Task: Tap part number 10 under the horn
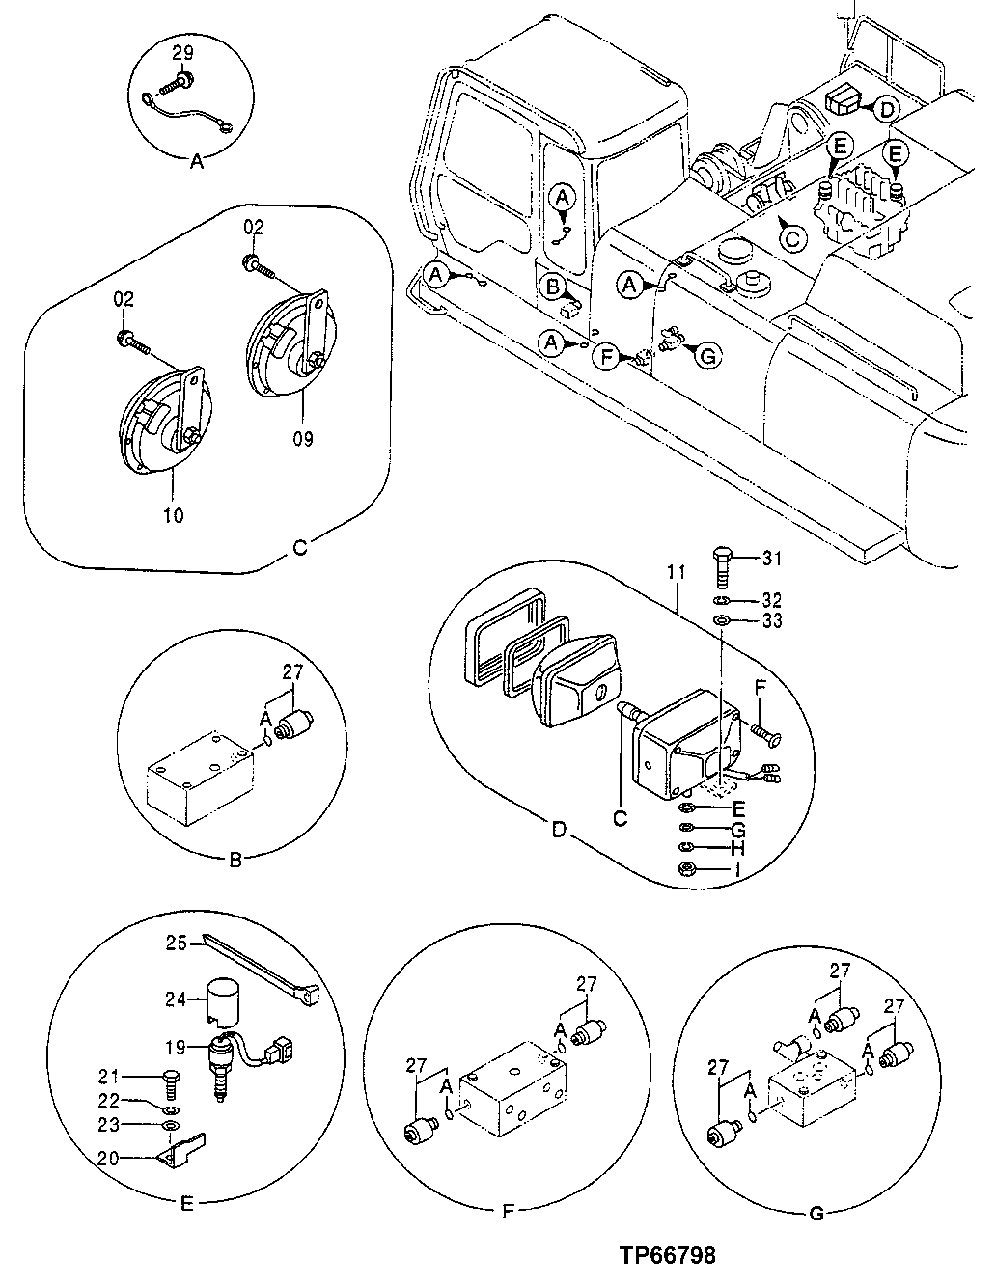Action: click(173, 514)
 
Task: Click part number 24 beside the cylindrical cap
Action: click(177, 999)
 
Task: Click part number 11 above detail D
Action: click(675, 572)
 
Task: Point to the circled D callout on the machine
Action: click(887, 109)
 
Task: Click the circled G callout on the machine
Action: click(707, 356)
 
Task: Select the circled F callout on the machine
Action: click(606, 358)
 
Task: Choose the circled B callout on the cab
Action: click(553, 286)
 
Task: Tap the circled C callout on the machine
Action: click(790, 236)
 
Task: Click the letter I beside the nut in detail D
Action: click(738, 869)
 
